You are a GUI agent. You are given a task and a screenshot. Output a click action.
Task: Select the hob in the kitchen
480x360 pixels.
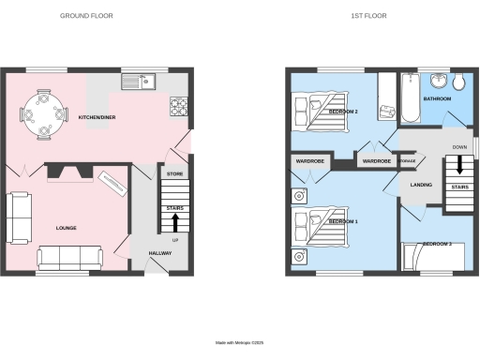coord(179,105)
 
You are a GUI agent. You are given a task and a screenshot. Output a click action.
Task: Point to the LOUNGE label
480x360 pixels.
coord(66,228)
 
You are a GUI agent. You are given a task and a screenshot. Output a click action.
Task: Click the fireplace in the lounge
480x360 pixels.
coord(70,172)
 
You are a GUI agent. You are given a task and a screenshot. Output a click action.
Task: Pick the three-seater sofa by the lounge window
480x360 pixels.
coord(69,256)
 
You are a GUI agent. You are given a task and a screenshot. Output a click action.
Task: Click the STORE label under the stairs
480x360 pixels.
coord(174,174)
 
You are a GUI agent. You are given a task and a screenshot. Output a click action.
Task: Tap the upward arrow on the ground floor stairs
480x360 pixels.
coord(174,221)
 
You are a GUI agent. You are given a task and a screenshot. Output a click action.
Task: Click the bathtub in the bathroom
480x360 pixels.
coord(410,100)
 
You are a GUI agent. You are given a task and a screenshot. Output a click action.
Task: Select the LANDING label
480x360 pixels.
coord(422,185)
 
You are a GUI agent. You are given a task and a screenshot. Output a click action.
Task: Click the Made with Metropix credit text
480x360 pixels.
coord(239,343)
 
